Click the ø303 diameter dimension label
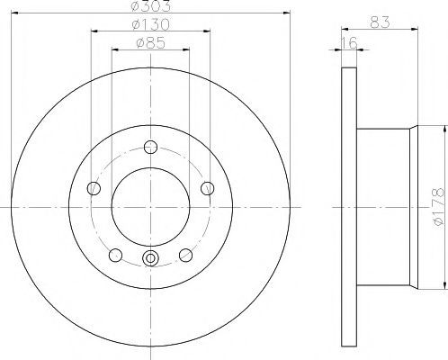pos(151,6)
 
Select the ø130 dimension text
pos(151,24)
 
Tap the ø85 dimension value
pos(151,43)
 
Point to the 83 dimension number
pos(380,22)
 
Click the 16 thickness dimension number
pos(349,43)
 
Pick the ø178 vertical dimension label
pos(439,206)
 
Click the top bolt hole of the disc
pos(150,147)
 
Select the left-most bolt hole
pos(94,188)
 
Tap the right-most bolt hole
pos(207,188)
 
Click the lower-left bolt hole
pos(115,256)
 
